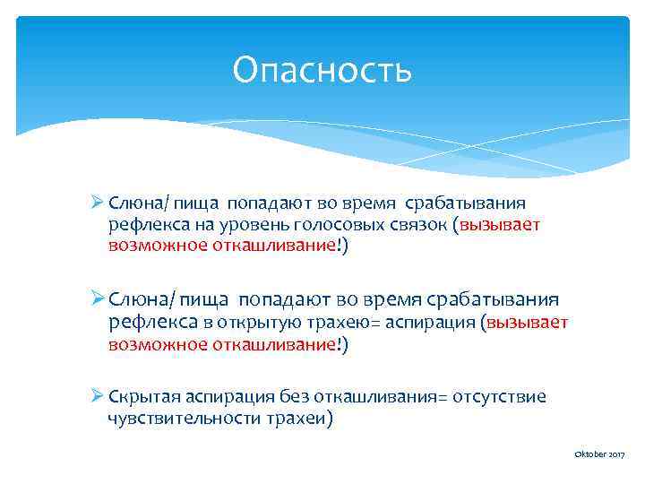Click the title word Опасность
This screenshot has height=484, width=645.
click(x=322, y=70)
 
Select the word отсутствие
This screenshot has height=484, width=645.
click(x=500, y=396)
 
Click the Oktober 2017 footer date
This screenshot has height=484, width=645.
click(x=599, y=456)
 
